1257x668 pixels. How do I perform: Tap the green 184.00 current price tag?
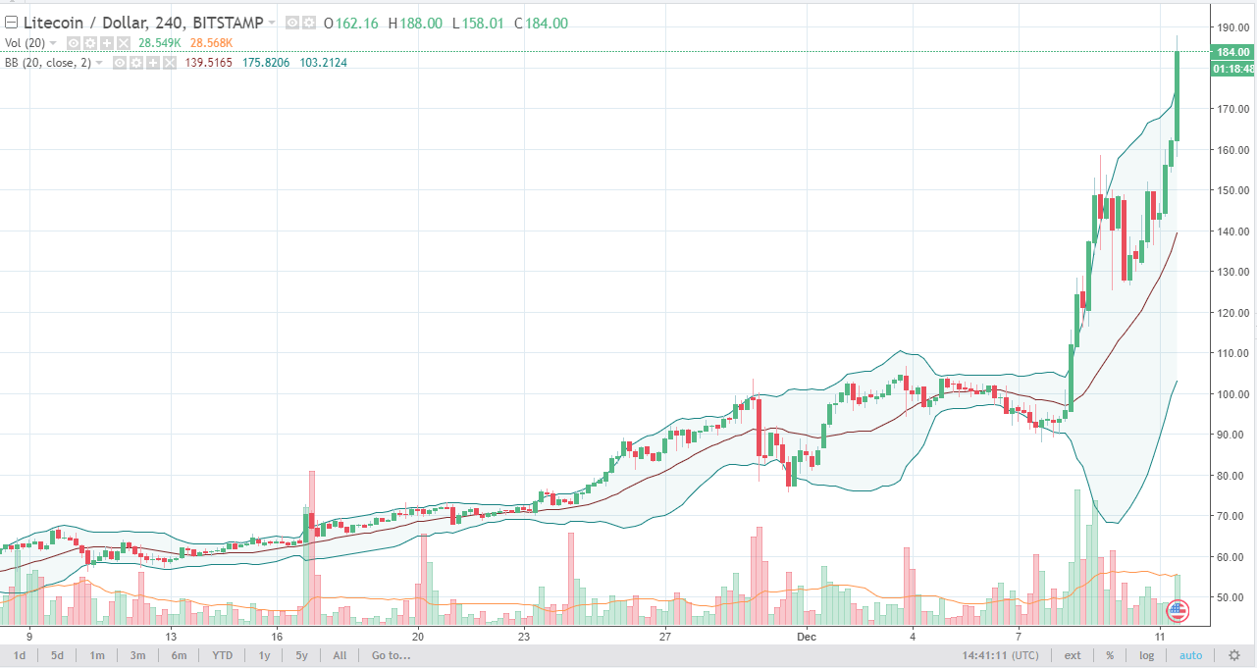coord(1231,52)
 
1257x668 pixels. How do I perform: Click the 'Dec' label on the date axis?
coord(807,636)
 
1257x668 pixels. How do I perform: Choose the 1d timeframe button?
coord(20,655)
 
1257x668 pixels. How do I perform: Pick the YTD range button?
coord(222,655)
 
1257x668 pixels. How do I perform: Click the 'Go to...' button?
coord(391,655)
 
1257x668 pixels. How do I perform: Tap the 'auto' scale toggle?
coord(1190,655)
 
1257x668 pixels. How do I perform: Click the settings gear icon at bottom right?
coord(1234,655)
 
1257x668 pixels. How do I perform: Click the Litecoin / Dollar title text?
coord(87,24)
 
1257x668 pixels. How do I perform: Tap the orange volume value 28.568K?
coord(214,43)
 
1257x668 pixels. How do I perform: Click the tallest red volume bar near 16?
coord(312,545)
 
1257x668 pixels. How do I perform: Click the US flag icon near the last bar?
coord(1176,610)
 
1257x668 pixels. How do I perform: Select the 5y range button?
coord(301,655)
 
